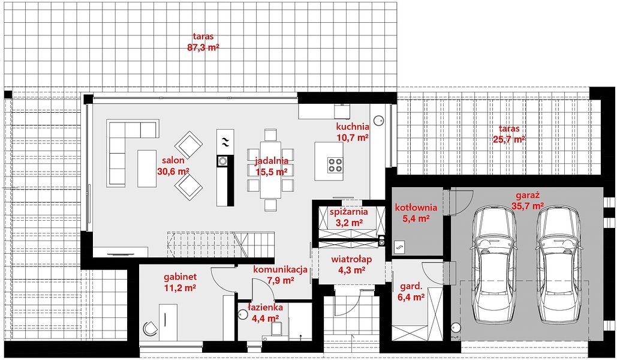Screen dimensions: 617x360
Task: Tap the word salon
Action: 173,160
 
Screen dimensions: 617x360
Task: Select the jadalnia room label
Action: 272,161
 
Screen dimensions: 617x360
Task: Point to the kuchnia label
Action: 353,127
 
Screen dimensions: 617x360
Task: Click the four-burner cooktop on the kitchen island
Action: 335,165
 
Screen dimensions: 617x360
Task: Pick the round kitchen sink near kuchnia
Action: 378,121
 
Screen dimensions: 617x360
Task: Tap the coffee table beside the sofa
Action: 147,169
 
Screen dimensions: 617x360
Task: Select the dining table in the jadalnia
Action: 270,169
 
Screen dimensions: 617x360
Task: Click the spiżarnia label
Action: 348,212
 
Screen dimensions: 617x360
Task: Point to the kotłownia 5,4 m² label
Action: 416,212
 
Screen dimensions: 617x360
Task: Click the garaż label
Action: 527,195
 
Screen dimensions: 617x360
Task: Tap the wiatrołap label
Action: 351,260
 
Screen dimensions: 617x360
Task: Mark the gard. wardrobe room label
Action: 411,286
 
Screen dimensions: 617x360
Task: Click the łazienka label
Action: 265,307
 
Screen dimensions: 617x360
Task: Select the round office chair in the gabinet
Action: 149,328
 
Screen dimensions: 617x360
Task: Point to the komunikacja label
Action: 280,270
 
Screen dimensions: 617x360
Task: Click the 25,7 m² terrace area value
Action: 509,139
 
